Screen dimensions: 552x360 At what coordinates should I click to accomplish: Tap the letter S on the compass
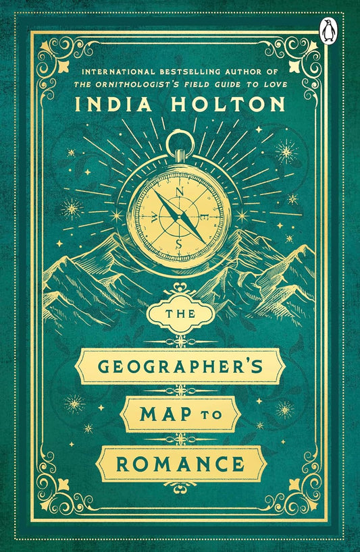pos(178,243)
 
